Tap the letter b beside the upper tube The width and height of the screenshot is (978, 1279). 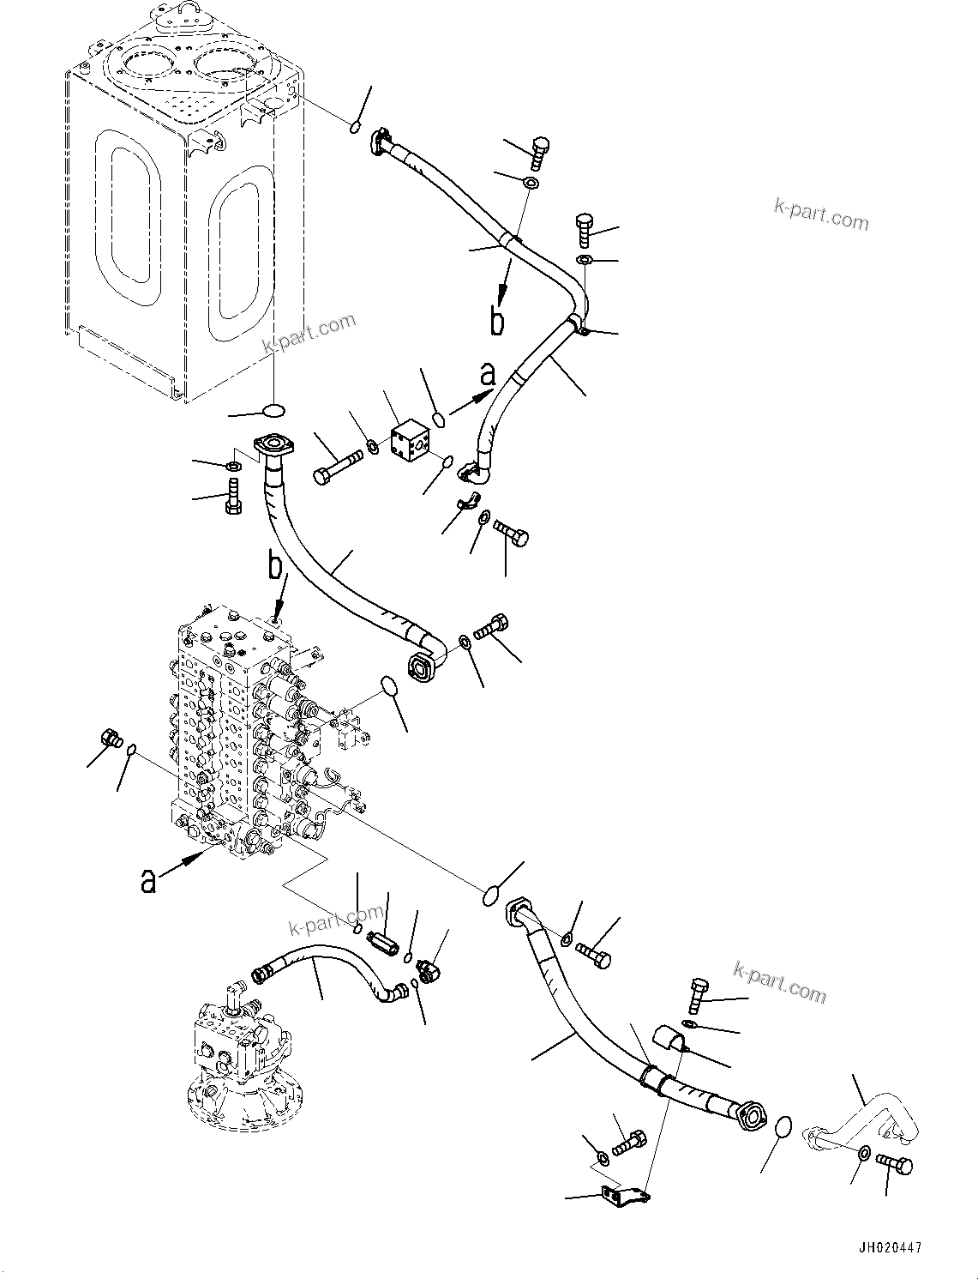[497, 320]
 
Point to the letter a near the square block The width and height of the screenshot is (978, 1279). [488, 374]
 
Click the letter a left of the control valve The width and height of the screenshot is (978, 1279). [149, 880]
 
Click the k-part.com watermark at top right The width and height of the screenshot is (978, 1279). [820, 214]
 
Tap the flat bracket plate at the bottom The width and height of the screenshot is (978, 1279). [623, 1193]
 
